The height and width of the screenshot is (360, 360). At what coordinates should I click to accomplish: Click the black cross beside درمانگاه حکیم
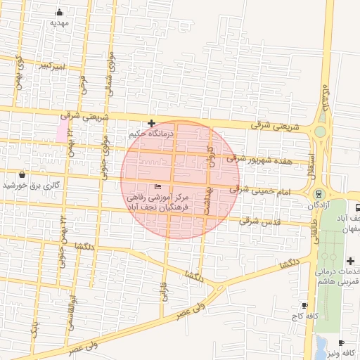coord(151,123)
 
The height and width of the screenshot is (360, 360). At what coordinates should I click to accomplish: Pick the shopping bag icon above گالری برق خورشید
coord(23,174)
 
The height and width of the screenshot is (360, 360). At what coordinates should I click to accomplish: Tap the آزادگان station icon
coord(319,194)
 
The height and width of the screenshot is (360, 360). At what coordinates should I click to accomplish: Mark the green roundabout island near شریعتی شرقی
coord(320,131)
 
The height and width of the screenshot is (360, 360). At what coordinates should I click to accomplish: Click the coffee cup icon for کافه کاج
coord(304,305)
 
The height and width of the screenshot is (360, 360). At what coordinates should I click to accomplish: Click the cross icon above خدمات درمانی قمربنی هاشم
coord(350,261)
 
